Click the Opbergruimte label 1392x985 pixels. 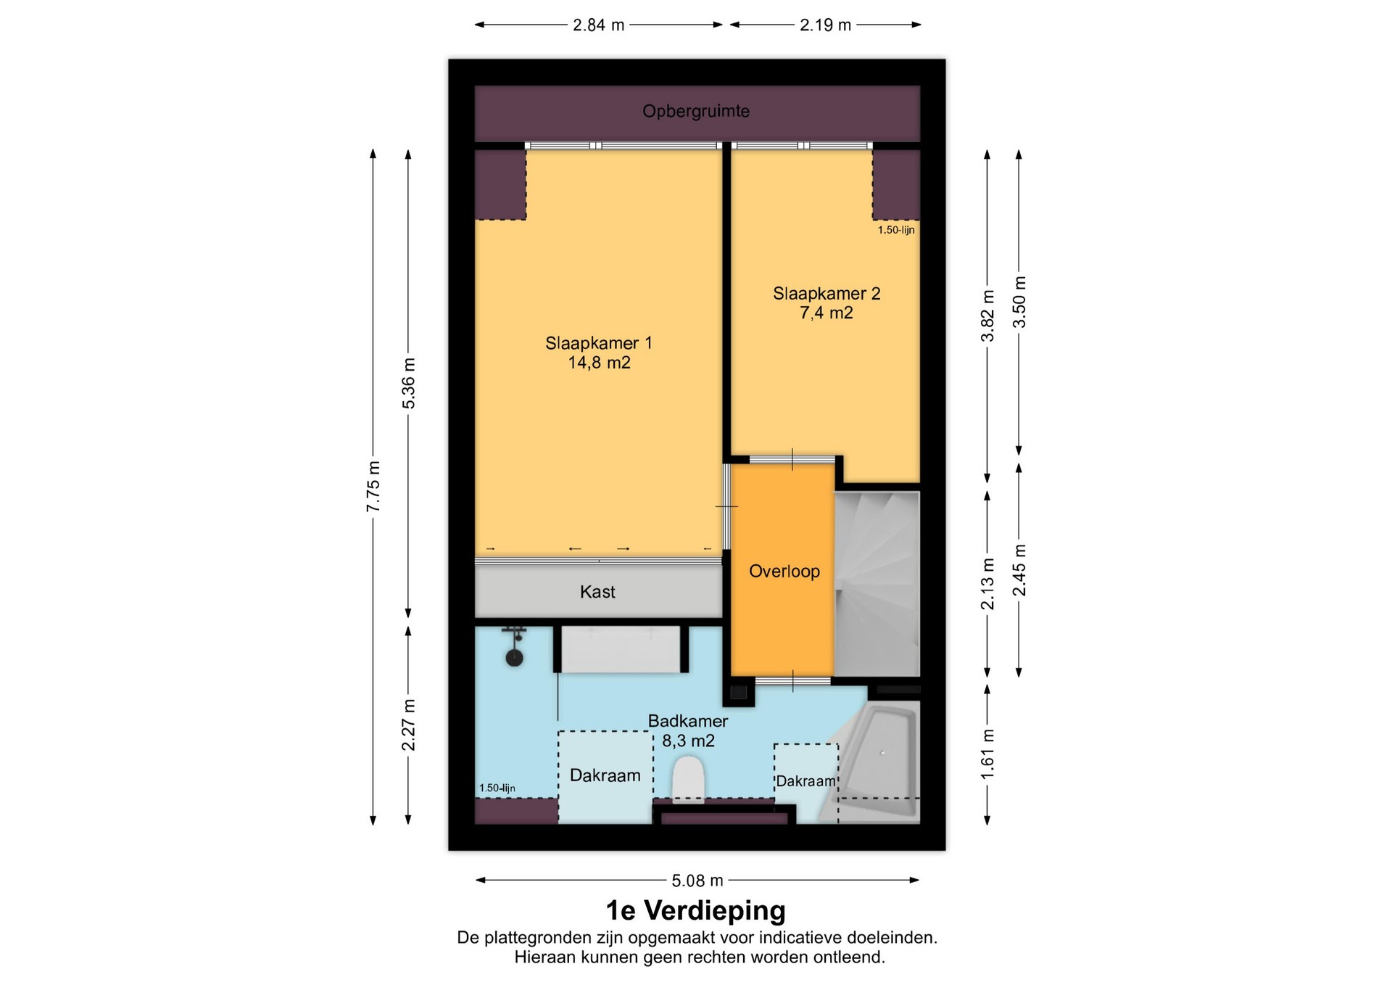(696, 112)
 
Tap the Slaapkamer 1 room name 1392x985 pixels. (599, 343)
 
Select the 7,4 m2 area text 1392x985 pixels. (826, 313)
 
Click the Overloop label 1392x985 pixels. (784, 572)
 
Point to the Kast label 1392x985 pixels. (597, 592)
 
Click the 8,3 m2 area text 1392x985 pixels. (689, 741)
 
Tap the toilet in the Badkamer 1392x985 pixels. (689, 779)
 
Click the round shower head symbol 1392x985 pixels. (515, 658)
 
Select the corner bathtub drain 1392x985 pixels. (882, 753)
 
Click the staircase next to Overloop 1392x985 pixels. (877, 584)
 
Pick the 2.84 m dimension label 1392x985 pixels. (599, 25)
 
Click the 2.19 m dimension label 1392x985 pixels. (825, 25)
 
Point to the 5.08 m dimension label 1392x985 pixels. (697, 881)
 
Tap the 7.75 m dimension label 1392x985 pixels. (373, 487)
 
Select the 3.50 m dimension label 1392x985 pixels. (1019, 302)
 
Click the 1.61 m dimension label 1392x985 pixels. (987, 755)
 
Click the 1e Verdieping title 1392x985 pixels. (696, 910)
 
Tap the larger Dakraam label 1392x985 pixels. (605, 775)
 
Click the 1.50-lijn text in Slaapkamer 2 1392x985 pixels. (896, 230)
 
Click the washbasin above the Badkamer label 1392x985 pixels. (621, 649)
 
